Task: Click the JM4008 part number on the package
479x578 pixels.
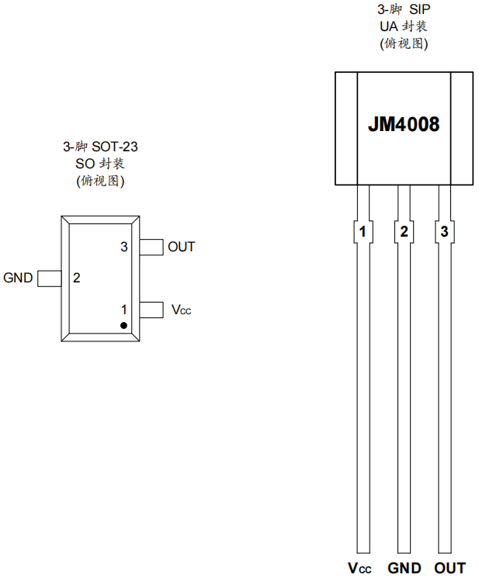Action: coord(404,125)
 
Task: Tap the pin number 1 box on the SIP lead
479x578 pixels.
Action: coord(363,231)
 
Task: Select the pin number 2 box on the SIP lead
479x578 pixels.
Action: coord(404,231)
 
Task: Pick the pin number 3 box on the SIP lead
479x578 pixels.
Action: coord(444,231)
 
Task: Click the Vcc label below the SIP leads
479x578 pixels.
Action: coord(360,568)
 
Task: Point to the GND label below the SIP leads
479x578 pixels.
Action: coord(404,568)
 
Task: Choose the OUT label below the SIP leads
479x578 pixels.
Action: coord(450,568)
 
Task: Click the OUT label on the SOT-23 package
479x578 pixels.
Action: coord(182,247)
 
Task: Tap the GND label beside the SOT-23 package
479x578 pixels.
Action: coord(18,278)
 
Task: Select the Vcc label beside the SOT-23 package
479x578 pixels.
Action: coord(181,310)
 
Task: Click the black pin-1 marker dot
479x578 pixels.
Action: coord(123,324)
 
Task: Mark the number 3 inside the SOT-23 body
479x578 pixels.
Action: coord(123,247)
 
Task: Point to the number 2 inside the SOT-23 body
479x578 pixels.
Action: coord(77,278)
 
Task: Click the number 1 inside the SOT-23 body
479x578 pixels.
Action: coord(123,310)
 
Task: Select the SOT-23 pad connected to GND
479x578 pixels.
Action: coord(50,278)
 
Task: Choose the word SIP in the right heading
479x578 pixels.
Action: coord(420,10)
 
